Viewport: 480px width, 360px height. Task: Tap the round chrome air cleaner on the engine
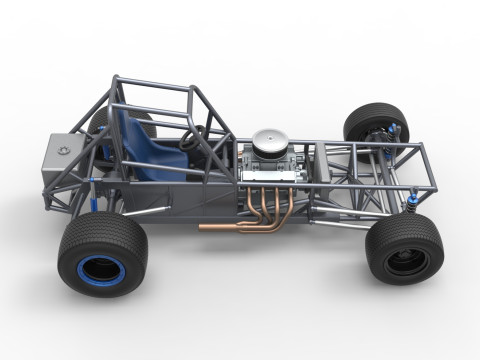click(269, 142)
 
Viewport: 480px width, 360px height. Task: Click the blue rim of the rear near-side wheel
click(100, 268)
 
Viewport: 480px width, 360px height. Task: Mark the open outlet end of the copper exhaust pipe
click(202, 227)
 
